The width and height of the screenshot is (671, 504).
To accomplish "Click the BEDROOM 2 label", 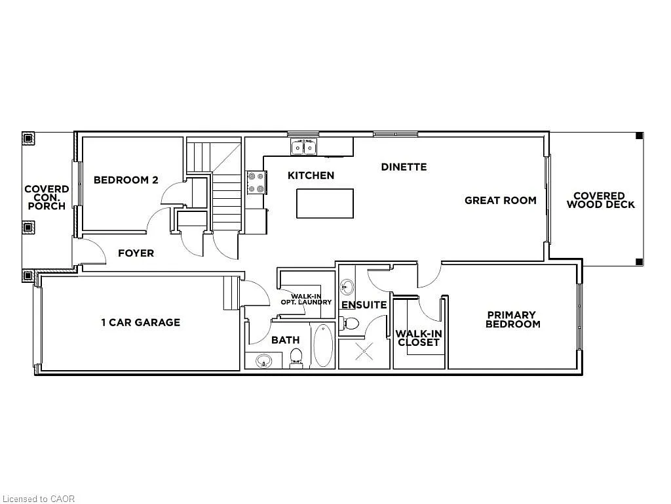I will tap(126, 180).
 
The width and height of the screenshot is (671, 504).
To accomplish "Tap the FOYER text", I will tap(136, 253).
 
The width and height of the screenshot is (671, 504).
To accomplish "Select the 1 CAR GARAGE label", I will tap(140, 322).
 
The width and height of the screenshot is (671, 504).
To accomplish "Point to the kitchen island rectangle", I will tap(325, 203).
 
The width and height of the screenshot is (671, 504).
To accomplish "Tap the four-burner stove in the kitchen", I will tap(256, 182).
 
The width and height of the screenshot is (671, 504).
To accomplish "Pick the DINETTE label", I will tap(404, 167).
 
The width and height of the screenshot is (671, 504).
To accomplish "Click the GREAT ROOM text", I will tap(501, 200).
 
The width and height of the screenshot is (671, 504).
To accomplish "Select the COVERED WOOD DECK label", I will tap(600, 200).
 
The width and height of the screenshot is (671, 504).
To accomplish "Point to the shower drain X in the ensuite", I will tap(364, 352).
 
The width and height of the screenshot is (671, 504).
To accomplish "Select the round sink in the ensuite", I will tap(347, 287).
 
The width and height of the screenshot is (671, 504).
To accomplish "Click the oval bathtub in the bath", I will tap(322, 345).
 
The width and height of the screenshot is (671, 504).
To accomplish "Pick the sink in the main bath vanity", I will tap(264, 360).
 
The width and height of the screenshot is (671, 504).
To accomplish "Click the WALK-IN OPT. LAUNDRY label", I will tap(306, 299).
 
